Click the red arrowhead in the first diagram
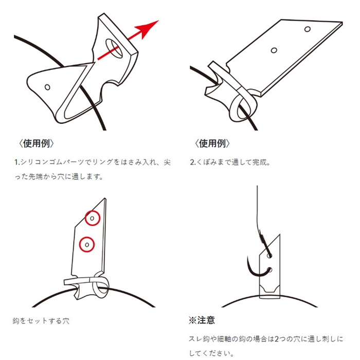(148, 29)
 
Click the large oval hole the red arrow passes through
(114, 48)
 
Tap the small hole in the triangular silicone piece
(47, 87)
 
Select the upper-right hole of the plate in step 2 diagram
(308, 29)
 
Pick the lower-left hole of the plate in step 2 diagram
(274, 50)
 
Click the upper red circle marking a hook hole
(93, 218)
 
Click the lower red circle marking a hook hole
(87, 244)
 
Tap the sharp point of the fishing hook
(248, 257)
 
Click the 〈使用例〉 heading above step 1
(37, 143)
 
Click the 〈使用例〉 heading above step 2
(212, 143)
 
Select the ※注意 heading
(202, 320)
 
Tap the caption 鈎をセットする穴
(41, 321)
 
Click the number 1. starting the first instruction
(17, 163)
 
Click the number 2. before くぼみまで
(193, 163)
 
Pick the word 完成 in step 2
(259, 163)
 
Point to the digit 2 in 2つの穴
(277, 339)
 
